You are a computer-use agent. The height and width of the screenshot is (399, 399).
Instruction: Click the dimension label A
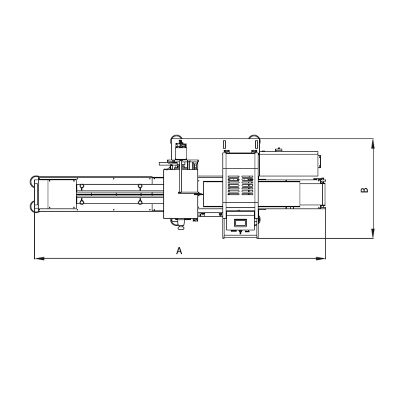[179, 251]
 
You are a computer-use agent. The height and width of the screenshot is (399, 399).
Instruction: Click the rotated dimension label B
[364, 190]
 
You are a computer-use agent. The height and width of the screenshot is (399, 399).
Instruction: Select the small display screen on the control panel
[240, 223]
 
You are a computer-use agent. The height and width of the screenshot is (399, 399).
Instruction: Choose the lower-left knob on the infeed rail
[82, 202]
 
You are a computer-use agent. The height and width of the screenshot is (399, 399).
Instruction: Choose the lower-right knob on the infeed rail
[140, 202]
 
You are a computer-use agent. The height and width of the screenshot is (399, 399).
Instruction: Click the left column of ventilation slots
[233, 185]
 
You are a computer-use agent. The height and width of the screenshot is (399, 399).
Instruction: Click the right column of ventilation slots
[248, 185]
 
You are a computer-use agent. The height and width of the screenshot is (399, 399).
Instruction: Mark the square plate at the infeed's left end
[62, 194]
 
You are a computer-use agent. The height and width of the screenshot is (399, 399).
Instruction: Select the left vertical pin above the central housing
[224, 144]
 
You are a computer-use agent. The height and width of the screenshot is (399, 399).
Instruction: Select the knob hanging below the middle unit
[181, 226]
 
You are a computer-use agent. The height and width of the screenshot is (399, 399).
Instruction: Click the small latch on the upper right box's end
[320, 161]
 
